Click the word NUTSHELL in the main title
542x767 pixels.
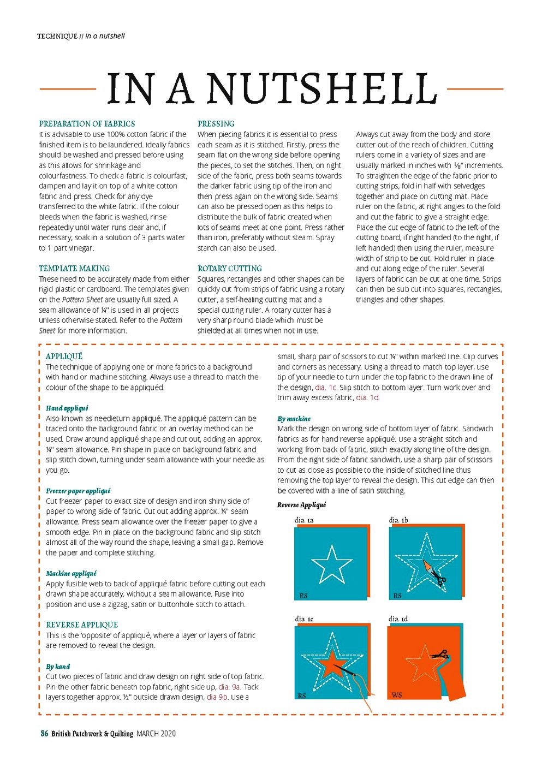pos(322,88)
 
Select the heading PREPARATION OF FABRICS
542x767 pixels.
pos(87,124)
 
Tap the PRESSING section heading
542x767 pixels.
pos(216,124)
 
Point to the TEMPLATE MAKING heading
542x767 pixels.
pos(74,269)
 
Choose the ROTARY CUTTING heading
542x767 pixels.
pos(229,269)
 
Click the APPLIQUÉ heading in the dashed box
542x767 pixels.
pos(64,356)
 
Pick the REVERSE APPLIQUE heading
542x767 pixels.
pos(82,625)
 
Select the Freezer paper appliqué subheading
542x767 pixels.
pos(78,491)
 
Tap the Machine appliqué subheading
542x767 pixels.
pos(71,573)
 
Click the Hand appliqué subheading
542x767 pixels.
pos(67,408)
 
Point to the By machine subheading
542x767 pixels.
pos(294,419)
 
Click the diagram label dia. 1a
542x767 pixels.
pos(304,520)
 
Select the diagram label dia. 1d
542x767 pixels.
pos(398,619)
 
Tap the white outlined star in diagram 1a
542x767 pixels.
pos(331,564)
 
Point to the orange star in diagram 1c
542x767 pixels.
pos(331,663)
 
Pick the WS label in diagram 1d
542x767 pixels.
pos(397,695)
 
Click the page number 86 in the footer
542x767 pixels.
pos(44,734)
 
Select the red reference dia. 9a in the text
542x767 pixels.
pos(229,687)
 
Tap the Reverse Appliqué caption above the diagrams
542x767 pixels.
pos(301,505)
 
